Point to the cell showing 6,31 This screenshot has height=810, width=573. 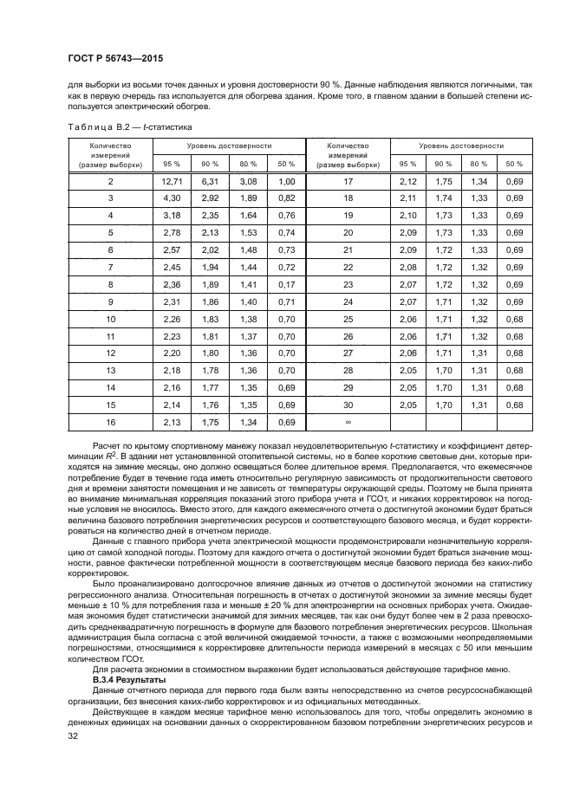click(x=210, y=181)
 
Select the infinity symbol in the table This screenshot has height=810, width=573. click(x=348, y=421)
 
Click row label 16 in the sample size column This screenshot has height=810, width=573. click(x=110, y=421)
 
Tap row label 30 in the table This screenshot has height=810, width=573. click(x=348, y=404)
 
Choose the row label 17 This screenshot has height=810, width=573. click(x=348, y=181)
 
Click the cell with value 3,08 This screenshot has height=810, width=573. click(x=249, y=181)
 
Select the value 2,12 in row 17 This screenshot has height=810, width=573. click(x=408, y=181)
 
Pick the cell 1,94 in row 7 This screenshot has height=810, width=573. click(x=210, y=267)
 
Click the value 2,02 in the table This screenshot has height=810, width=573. click(x=210, y=249)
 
